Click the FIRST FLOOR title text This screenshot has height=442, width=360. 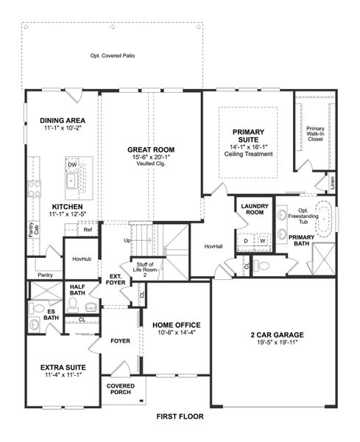click(180, 416)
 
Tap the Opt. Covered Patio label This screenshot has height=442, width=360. click(113, 56)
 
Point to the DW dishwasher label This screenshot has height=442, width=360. click(73, 164)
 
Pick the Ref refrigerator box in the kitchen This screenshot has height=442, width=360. click(88, 230)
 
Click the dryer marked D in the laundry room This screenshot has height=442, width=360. click(247, 240)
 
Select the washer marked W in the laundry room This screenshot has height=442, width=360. click(261, 240)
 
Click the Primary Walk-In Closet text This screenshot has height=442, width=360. click(316, 133)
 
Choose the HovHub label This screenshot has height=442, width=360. click(80, 259)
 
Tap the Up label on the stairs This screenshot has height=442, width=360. click(127, 241)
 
